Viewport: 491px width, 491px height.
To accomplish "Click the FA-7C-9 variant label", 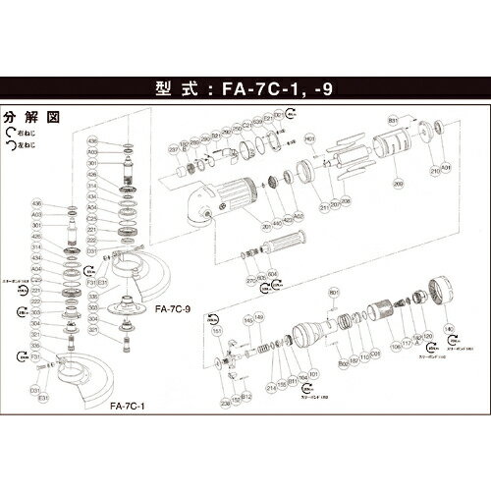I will point(173,307).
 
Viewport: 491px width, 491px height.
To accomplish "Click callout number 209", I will point(399,182).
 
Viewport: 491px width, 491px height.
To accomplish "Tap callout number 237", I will point(173,148).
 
